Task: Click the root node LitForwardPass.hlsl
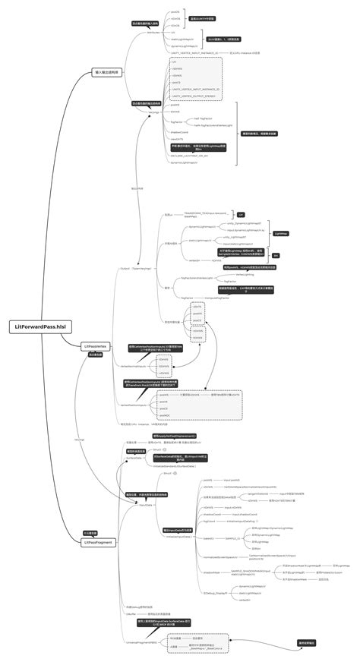pyautogui.click(x=39, y=326)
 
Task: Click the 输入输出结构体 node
pyautogui.click(x=106, y=72)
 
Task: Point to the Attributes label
pyautogui.click(x=153, y=33)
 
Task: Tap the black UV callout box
pyautogui.click(x=241, y=215)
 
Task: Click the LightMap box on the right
pyautogui.click(x=280, y=234)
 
